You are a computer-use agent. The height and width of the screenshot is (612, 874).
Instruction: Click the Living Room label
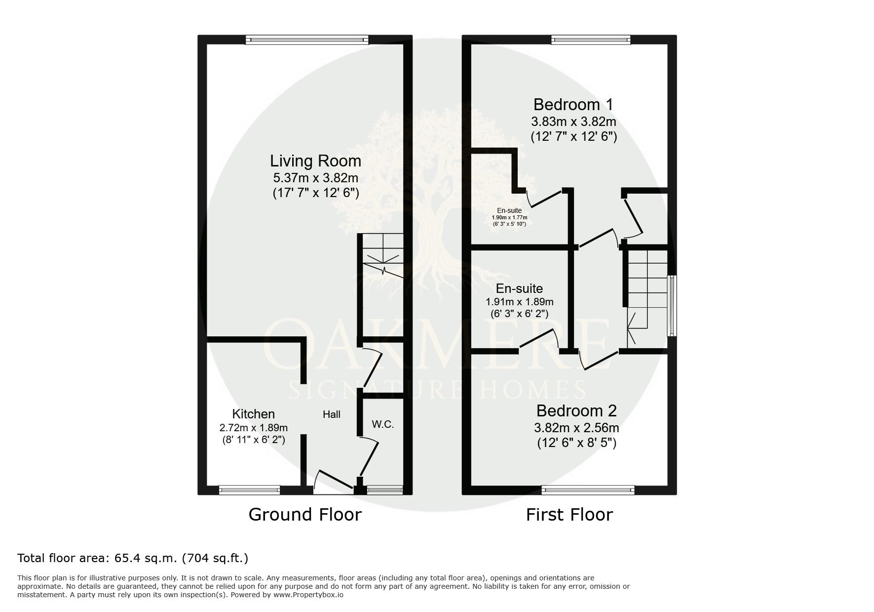click(x=315, y=161)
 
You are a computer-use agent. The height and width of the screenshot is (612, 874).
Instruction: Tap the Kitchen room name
click(x=254, y=414)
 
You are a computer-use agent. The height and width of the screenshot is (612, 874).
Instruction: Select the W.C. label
click(x=383, y=424)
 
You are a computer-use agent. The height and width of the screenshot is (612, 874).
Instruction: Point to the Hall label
click(x=332, y=414)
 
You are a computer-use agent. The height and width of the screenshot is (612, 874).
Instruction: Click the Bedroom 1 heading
click(x=573, y=105)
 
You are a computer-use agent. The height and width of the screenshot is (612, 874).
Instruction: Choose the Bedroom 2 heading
click(x=576, y=411)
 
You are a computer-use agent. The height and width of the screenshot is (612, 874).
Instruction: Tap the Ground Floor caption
click(x=305, y=515)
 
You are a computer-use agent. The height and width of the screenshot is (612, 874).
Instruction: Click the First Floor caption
click(x=570, y=515)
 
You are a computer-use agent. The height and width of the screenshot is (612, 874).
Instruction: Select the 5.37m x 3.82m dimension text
click(x=315, y=178)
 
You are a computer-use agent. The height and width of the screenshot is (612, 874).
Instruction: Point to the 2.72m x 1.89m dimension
click(x=254, y=428)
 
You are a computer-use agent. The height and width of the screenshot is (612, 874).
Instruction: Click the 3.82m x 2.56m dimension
click(x=576, y=428)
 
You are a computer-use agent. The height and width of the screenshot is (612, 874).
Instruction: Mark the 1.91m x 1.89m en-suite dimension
click(x=520, y=302)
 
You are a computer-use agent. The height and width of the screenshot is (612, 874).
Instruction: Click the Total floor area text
click(x=133, y=559)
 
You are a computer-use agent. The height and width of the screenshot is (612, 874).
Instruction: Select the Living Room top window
click(x=307, y=40)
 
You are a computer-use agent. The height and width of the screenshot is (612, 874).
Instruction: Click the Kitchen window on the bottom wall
click(x=250, y=490)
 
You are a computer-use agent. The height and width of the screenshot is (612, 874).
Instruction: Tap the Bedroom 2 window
click(x=588, y=490)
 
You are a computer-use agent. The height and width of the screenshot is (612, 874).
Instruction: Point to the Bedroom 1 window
click(x=591, y=40)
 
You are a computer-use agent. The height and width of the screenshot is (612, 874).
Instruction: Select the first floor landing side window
click(x=672, y=306)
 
